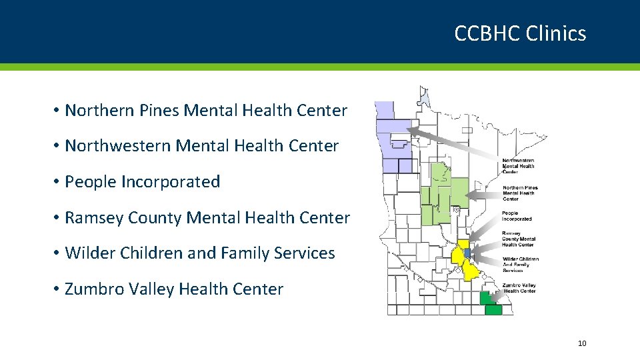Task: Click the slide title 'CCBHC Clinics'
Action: (x=520, y=33)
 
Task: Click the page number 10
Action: (x=582, y=343)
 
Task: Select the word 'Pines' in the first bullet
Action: (x=159, y=111)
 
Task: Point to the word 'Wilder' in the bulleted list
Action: (x=90, y=253)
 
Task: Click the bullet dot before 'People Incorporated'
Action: (x=57, y=182)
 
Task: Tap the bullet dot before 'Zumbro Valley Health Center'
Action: (x=57, y=289)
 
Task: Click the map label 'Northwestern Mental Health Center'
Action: (x=518, y=165)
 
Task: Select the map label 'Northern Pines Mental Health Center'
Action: (x=520, y=193)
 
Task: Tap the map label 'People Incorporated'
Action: (x=517, y=216)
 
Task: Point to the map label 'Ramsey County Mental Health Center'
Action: (x=519, y=239)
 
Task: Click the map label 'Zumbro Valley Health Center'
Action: (x=519, y=288)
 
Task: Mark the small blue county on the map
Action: (x=467, y=253)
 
